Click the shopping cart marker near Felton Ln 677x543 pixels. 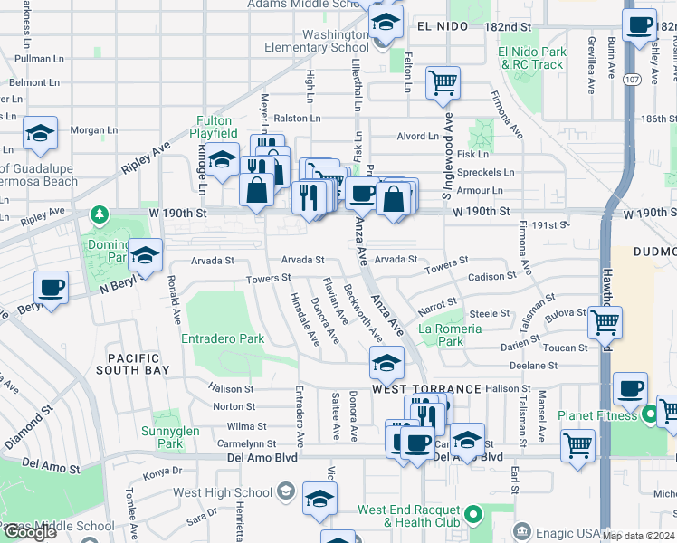pos(443,83)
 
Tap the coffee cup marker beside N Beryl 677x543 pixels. pos(52,289)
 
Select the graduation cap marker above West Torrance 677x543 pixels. pos(386,363)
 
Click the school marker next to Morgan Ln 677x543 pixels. pos(40,134)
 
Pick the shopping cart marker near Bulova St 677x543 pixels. pos(604,321)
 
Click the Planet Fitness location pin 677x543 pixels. pos(648,416)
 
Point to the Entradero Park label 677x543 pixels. pos(223,338)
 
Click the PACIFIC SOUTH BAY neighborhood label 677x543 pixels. pos(137,365)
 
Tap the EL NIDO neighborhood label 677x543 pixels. pos(443,27)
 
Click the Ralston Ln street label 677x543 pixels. pos(298,118)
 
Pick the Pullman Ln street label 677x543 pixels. pos(33,58)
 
